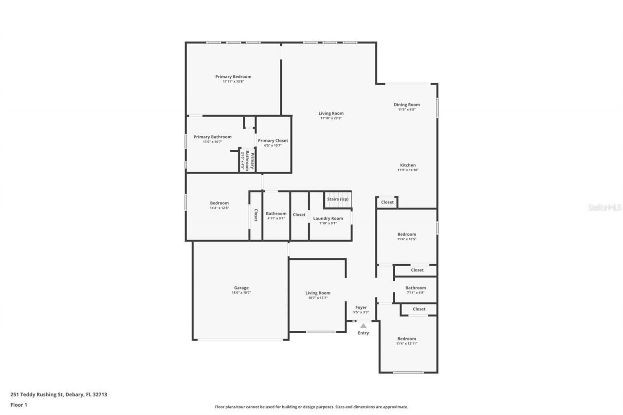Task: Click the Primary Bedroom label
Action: point(233,76)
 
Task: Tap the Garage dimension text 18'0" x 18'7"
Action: point(242,293)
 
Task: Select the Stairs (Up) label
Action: point(337,199)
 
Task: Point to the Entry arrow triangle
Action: point(363,326)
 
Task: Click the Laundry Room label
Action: point(328,218)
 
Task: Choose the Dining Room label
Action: point(406,105)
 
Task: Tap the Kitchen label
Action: point(408,165)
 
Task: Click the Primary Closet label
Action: point(273,141)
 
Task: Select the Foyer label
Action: point(361,307)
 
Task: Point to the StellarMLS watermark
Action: point(605,207)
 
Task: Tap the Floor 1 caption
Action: point(18,404)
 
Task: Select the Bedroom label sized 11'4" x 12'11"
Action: point(406,339)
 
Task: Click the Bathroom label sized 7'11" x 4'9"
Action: point(415,288)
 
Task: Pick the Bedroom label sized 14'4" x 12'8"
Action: point(219,203)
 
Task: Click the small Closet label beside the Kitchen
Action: point(387,202)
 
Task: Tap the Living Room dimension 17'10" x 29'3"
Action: point(331,118)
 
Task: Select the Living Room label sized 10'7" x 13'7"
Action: point(318,293)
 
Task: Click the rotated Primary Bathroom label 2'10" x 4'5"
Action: point(247,160)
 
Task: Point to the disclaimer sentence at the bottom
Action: point(311,407)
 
